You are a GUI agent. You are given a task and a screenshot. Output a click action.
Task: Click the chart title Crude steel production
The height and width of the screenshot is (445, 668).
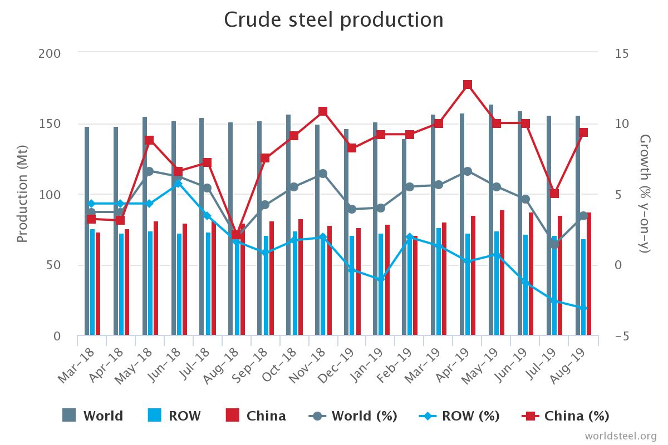pyautogui.click(x=334, y=20)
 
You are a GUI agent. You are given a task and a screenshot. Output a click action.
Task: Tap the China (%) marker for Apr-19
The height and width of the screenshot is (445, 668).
pyautogui.click(x=468, y=85)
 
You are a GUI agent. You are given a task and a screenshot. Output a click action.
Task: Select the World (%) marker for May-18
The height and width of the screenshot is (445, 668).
pyautogui.click(x=149, y=171)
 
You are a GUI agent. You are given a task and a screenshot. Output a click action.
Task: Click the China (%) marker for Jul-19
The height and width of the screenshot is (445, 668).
pyautogui.click(x=554, y=194)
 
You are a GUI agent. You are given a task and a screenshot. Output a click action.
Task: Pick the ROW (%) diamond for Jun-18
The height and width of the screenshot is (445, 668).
pyautogui.click(x=178, y=183)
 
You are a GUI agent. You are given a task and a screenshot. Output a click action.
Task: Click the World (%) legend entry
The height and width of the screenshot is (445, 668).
pyautogui.click(x=353, y=416)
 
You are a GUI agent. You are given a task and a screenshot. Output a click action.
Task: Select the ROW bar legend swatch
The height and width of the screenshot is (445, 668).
pyautogui.click(x=155, y=415)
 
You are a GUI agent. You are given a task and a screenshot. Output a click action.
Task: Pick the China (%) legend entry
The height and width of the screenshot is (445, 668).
pyautogui.click(x=566, y=416)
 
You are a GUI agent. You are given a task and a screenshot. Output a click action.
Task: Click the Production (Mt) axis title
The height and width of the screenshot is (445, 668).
pyautogui.click(x=22, y=194)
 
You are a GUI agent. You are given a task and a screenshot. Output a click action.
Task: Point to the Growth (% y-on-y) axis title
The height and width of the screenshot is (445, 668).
pyautogui.click(x=645, y=194)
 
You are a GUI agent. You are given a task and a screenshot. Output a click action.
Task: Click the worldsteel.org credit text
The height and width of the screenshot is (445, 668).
pyautogui.click(x=620, y=436)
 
